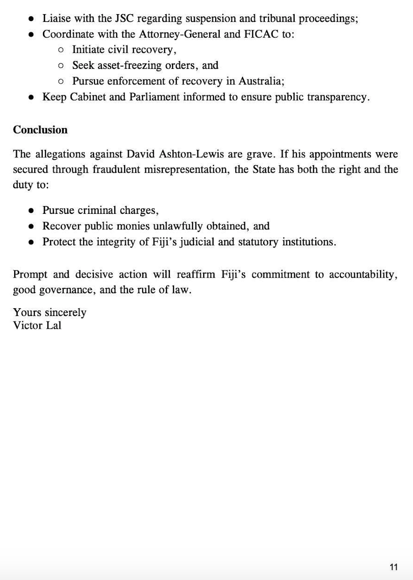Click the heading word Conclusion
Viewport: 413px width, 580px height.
click(x=40, y=130)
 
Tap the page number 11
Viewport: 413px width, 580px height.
click(x=394, y=567)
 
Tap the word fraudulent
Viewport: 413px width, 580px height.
click(x=116, y=170)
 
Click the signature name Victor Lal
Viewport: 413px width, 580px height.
click(x=37, y=326)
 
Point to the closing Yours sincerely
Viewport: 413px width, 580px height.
click(x=49, y=313)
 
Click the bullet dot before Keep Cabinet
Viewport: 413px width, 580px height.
click(x=31, y=97)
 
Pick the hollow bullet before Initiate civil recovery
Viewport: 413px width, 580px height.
click(x=61, y=50)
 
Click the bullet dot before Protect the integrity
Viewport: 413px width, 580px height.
click(x=31, y=242)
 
